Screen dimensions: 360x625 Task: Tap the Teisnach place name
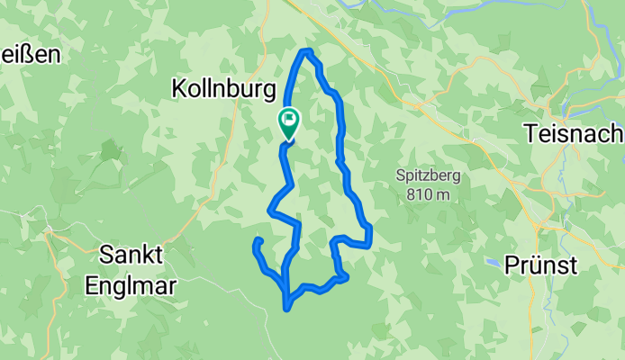(x=573, y=133)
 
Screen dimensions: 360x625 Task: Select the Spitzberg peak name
(x=428, y=175)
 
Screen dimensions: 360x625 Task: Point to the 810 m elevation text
(x=428, y=193)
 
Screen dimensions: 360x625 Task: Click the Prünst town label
(x=541, y=265)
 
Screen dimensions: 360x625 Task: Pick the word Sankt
(x=131, y=255)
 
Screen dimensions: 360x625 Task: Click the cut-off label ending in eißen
(x=30, y=54)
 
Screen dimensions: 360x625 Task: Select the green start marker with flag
(x=289, y=122)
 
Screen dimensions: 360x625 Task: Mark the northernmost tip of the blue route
(x=307, y=51)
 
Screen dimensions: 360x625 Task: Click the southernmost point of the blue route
(x=287, y=309)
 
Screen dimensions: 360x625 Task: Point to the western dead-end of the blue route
(x=258, y=241)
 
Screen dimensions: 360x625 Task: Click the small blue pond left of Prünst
(x=493, y=263)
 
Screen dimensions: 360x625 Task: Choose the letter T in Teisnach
(x=531, y=133)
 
